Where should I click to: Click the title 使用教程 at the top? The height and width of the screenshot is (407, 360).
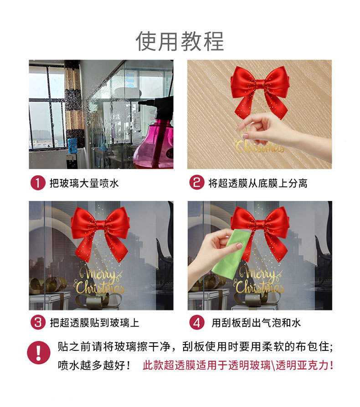tap(180, 41)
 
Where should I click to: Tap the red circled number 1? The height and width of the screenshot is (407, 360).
tap(37, 183)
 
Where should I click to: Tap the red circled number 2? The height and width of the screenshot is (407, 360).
tap(196, 183)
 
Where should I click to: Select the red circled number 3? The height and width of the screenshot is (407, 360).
tap(37, 323)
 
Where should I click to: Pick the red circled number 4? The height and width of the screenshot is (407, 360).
tap(196, 323)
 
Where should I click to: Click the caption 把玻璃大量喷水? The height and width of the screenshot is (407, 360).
tap(84, 183)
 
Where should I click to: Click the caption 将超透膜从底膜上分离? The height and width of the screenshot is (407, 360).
tap(257, 183)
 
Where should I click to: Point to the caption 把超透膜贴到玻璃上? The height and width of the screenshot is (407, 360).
tap(93, 323)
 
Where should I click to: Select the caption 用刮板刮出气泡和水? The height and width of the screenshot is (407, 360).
tap(256, 323)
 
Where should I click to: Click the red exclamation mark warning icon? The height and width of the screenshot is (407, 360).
tap(38, 353)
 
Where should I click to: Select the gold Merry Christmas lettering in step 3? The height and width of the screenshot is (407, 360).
tap(99, 281)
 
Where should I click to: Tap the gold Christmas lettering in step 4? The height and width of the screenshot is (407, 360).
tap(259, 287)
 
